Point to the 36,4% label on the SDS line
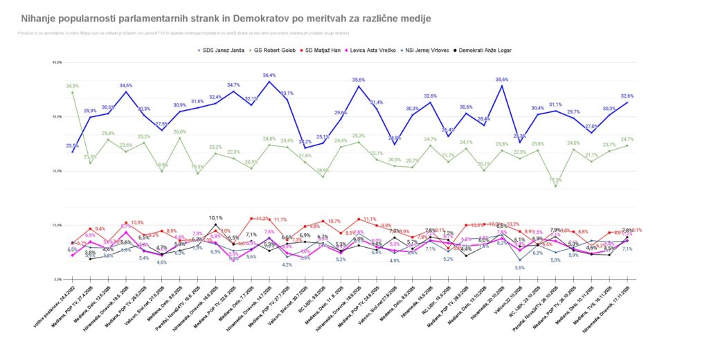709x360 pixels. click(269, 75)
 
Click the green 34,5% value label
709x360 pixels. click(73, 86)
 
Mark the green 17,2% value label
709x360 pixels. click(555, 180)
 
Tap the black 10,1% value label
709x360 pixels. click(215, 217)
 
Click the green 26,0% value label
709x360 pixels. click(179, 132)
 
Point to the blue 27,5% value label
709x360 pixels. click(161, 124)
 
